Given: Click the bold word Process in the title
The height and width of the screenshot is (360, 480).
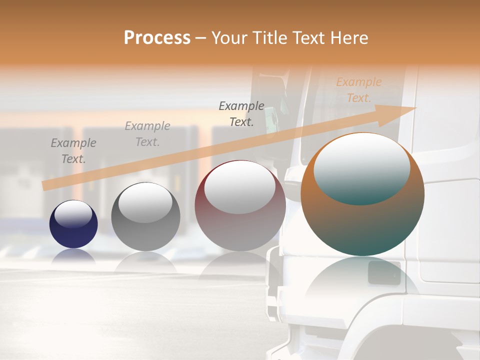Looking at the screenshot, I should (x=157, y=38).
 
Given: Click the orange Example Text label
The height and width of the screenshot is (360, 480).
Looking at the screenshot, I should (x=358, y=90).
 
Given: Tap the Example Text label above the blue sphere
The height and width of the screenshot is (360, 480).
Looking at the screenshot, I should (x=73, y=151).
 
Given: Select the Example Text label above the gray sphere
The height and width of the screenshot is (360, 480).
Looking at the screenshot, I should (x=147, y=134).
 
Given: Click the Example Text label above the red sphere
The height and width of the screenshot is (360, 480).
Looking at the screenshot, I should (x=241, y=113).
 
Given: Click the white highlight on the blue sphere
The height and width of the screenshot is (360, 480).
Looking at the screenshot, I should (x=73, y=214).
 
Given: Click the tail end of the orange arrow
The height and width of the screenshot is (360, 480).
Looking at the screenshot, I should (x=46, y=185).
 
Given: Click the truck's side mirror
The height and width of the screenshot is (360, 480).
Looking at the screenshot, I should (x=270, y=120).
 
